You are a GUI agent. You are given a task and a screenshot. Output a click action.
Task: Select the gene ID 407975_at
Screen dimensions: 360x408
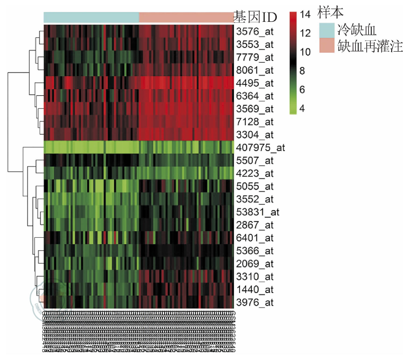[260, 148]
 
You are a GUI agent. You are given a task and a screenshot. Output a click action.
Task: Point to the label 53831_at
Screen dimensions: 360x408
[257, 212]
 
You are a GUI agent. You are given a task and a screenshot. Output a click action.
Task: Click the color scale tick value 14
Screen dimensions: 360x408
[305, 15]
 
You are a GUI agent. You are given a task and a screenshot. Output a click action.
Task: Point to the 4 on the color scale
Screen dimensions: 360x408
[302, 108]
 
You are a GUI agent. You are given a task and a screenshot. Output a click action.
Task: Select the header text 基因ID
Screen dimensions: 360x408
[255, 18]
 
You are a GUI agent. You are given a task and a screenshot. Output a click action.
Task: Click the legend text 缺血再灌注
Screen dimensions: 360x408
[370, 46]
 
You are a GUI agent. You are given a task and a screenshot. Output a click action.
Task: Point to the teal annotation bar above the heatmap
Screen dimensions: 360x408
[91, 17]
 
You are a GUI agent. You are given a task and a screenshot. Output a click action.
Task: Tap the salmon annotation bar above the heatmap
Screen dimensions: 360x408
[186, 17]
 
